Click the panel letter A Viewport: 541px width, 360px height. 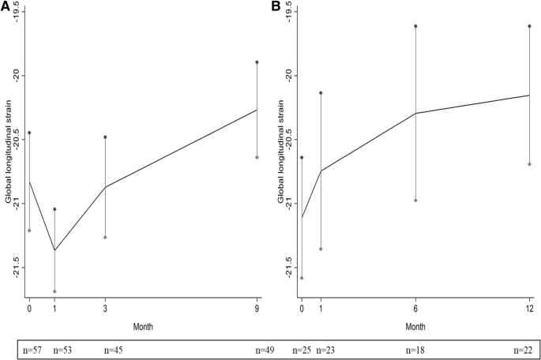click(6, 6)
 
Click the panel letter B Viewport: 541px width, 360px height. click(276, 6)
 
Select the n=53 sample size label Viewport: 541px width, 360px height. click(64, 349)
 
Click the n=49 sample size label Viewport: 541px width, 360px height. click(265, 349)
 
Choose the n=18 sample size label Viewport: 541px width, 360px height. click(415, 349)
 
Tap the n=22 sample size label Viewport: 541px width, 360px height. click(522, 349)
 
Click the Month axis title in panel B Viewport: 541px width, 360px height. click(415, 326)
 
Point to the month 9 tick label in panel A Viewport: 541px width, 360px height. click(257, 309)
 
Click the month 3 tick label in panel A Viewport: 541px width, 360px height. click(105, 309)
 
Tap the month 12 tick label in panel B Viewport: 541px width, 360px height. click(529, 309)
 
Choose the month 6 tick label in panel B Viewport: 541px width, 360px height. click(415, 309)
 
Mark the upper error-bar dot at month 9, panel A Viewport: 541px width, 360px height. click(257, 62)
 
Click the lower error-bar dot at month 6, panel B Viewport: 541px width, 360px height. click(415, 201)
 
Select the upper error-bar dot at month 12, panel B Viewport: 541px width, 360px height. click(529, 26)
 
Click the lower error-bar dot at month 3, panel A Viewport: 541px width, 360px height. click(105, 237)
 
